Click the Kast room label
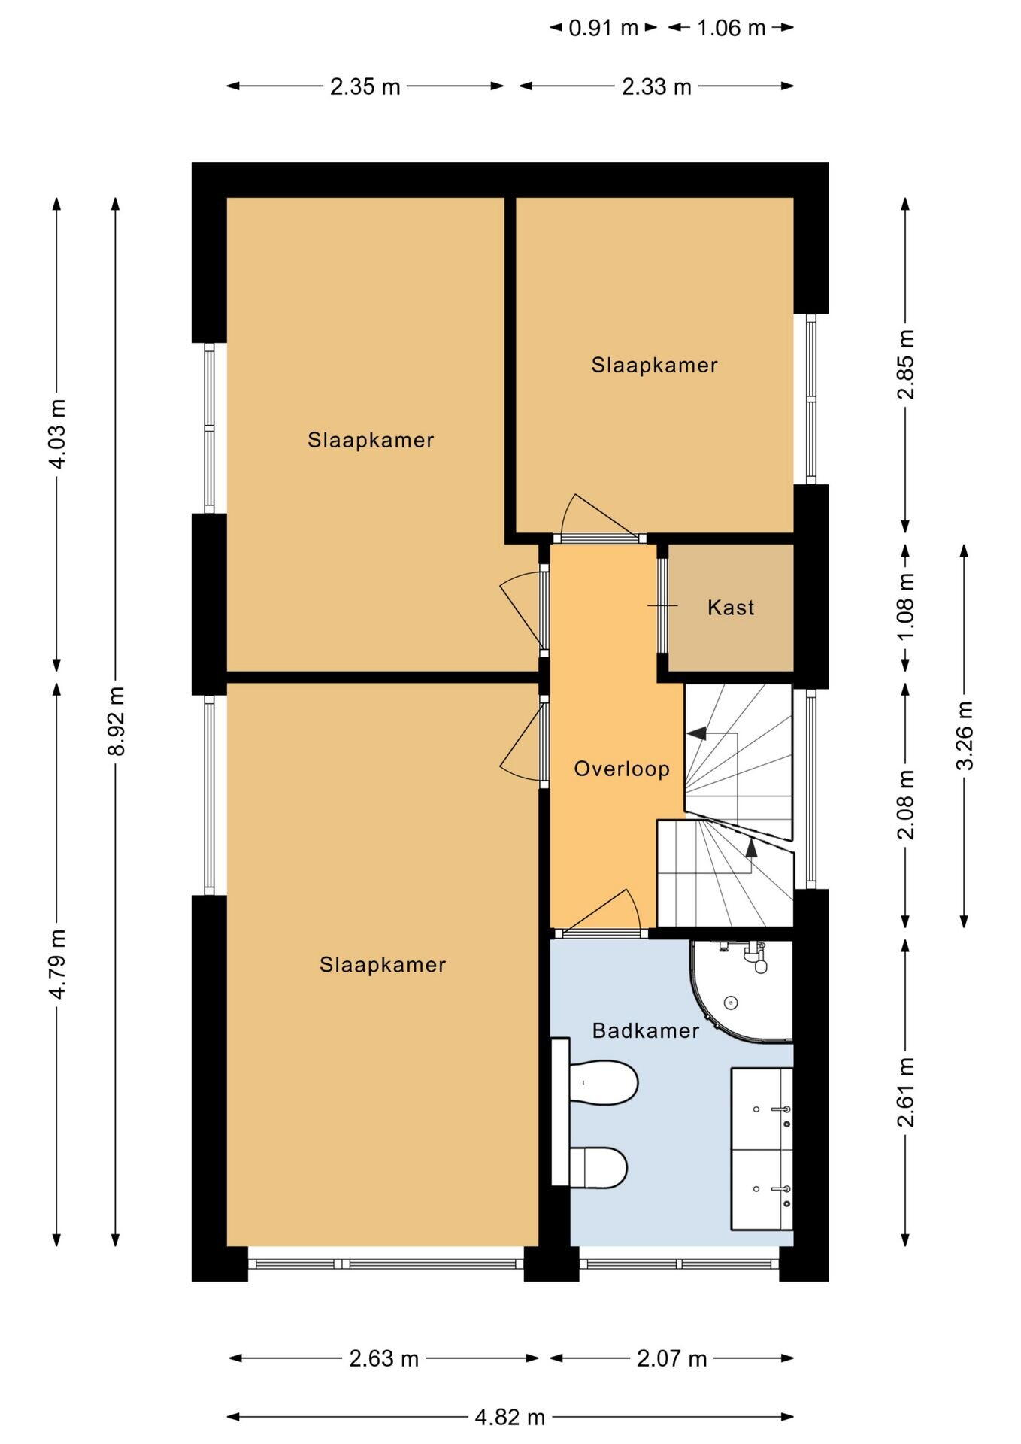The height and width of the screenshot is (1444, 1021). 731,608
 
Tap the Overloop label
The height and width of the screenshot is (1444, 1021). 622,769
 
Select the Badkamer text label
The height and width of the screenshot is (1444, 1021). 646,1030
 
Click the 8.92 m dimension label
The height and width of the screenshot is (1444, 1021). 115,721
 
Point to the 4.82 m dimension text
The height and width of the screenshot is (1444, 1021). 510,1417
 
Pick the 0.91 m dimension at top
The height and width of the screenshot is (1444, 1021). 603,28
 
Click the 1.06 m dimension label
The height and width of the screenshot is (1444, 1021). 731,28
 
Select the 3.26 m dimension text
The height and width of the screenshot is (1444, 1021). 965,736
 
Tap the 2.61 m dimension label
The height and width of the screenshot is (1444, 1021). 906,1092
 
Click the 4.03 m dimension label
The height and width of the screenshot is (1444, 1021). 56,434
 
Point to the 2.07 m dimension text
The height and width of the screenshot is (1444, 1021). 672,1358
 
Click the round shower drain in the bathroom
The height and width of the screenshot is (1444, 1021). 731,1003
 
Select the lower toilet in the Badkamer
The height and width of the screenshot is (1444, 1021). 598,1167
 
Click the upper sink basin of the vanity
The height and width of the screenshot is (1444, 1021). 762,1108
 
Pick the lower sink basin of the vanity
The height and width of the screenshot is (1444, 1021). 762,1189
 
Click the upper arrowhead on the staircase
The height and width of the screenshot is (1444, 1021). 697,733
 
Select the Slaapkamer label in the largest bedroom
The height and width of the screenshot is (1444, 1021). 383,965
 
